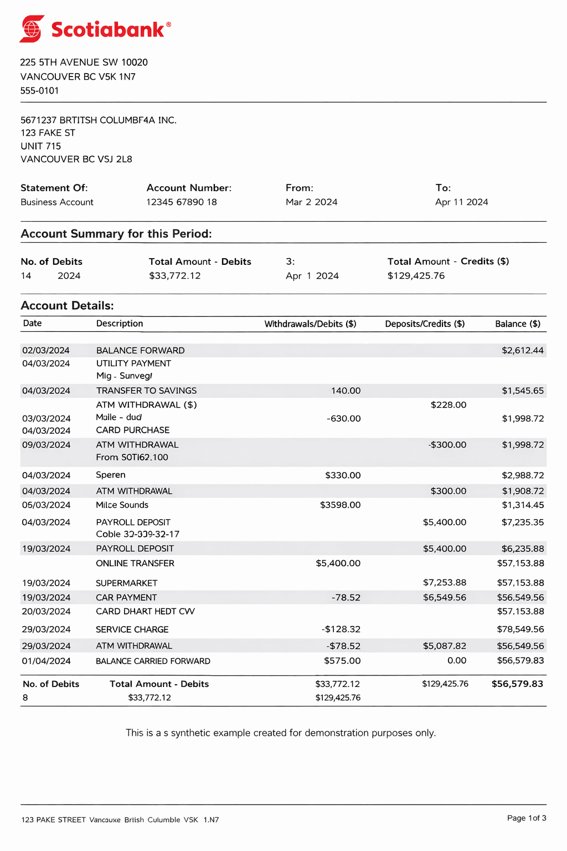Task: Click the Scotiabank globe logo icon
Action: click(x=32, y=29)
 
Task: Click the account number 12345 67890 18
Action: click(x=182, y=202)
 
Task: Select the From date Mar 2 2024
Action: click(x=311, y=202)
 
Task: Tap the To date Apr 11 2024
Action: click(x=461, y=202)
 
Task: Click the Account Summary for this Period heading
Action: click(x=116, y=234)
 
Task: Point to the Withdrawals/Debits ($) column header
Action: click(x=310, y=324)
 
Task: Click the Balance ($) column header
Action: click(x=517, y=324)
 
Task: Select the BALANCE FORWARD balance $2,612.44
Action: click(x=522, y=351)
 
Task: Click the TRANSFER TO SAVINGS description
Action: click(x=146, y=391)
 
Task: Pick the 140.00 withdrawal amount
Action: click(x=346, y=391)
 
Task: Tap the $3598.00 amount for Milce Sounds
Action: click(x=340, y=505)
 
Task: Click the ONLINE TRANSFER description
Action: click(x=135, y=563)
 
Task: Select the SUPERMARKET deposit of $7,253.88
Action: click(x=444, y=583)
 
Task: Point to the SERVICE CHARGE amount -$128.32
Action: click(x=341, y=629)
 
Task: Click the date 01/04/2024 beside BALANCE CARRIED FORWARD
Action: click(x=46, y=661)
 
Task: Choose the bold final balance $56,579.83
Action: click(x=517, y=684)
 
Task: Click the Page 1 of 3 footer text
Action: click(x=526, y=818)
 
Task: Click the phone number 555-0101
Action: click(x=39, y=91)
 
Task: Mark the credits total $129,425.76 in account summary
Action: click(x=416, y=276)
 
